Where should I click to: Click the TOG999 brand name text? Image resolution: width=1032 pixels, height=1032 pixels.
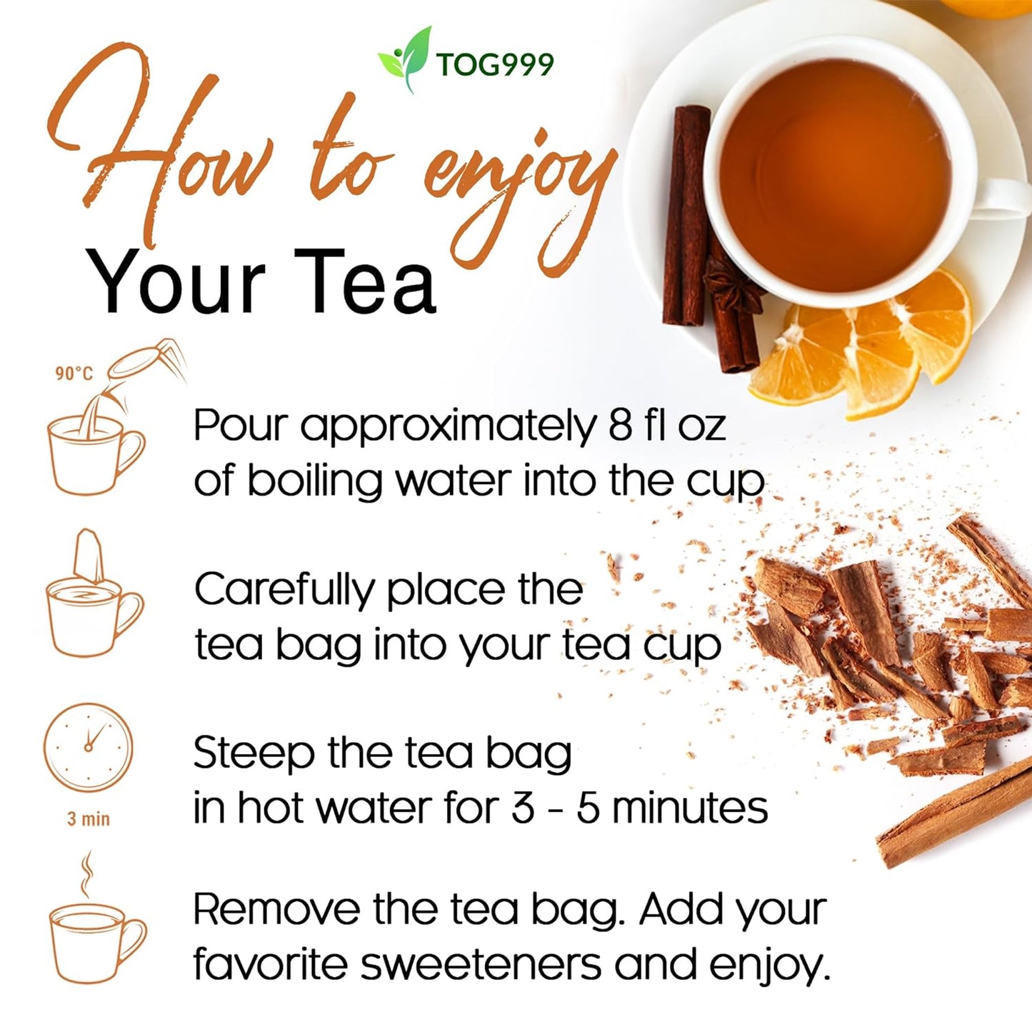click(494, 65)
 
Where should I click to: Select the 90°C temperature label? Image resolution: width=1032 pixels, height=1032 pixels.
click(74, 374)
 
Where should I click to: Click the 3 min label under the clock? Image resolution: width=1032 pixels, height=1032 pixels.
click(89, 818)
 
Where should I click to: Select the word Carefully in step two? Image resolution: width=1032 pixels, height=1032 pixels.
click(284, 591)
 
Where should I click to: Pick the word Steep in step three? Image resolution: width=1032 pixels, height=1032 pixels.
click(253, 753)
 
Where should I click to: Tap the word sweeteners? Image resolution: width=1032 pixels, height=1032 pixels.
click(481, 965)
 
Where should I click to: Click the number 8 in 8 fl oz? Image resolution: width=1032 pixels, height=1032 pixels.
click(619, 426)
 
